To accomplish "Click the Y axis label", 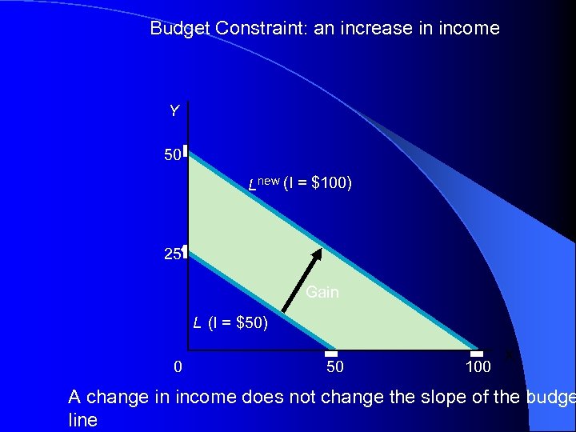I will (174, 111).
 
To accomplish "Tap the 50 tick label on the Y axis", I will (172, 155).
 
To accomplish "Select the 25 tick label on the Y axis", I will (172, 255).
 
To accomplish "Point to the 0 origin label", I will (178, 367).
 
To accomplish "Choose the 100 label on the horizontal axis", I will (478, 367).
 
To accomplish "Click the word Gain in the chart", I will (322, 292).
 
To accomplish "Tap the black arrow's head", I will (318, 254).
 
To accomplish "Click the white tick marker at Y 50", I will (184, 150).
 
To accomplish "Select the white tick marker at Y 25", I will (184, 251).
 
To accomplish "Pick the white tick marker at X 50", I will (331, 354).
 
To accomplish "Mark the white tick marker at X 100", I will (477, 354).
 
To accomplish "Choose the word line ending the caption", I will (83, 420).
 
